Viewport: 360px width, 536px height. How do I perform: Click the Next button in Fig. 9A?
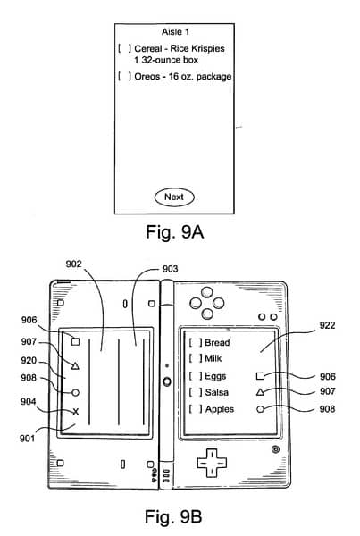[174, 197]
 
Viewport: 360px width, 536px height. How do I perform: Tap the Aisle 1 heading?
[175, 32]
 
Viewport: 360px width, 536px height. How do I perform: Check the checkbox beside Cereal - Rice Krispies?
[124, 48]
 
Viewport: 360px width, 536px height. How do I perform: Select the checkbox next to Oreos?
[124, 76]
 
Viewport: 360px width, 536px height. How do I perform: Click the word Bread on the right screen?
[217, 342]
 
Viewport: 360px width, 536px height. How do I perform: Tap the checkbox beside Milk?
[196, 358]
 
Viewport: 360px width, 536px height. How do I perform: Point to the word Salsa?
[217, 392]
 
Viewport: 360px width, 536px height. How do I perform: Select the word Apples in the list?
[220, 409]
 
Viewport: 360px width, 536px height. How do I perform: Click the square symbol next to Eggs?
[260, 376]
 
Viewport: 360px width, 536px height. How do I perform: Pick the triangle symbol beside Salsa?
[260, 392]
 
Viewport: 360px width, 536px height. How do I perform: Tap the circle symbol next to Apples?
[260, 409]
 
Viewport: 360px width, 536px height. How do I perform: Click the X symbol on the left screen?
[76, 412]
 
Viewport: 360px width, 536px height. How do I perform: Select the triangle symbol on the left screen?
[75, 366]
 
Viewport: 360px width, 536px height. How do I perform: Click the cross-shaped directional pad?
[212, 463]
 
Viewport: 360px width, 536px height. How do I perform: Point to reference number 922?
[327, 325]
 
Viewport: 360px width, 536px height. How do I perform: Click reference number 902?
[73, 264]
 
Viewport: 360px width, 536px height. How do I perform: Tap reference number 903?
[170, 269]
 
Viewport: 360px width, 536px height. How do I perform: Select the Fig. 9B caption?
[173, 516]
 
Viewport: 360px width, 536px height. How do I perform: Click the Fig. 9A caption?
[175, 232]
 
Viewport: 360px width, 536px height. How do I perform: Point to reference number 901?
[27, 438]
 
